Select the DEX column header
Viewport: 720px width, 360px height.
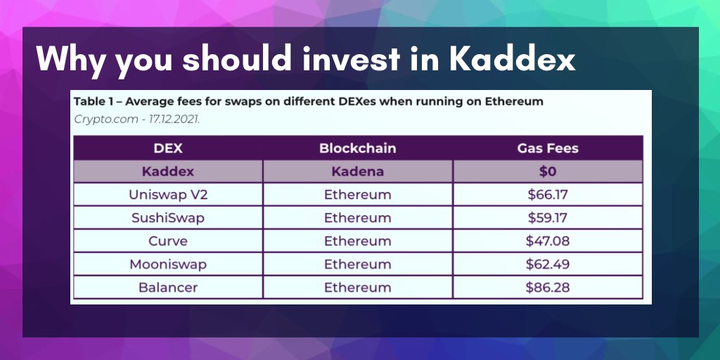coord(168,148)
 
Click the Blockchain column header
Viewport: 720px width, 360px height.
coord(357,148)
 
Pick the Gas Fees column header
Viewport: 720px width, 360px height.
coord(548,148)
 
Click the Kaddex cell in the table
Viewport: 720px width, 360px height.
coord(168,172)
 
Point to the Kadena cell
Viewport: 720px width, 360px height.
coord(357,172)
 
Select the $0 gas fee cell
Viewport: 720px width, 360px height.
coord(548,172)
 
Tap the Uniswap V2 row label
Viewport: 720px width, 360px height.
coord(168,195)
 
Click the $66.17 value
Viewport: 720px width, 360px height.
coord(548,195)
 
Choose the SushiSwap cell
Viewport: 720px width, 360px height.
coord(168,218)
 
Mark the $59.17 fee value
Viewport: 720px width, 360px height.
coord(548,218)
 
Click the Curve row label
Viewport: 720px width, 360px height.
coord(168,241)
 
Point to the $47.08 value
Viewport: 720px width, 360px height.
coord(548,241)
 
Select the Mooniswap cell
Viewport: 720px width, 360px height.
coord(168,264)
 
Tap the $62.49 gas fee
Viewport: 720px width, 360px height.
coord(548,264)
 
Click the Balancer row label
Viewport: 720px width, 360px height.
coord(168,288)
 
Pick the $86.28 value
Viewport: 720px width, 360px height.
coord(548,288)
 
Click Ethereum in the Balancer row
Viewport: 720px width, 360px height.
coord(357,288)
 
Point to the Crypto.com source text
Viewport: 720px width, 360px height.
coord(105,119)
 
